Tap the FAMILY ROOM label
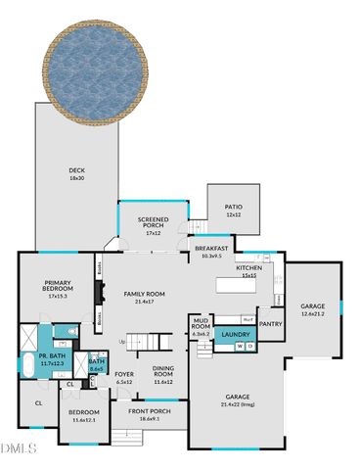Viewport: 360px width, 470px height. [143, 297]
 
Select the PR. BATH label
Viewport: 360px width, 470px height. [51, 359]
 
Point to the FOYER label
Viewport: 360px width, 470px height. [124, 377]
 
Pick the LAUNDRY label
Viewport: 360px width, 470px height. [236, 336]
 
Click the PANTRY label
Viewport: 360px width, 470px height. [271, 324]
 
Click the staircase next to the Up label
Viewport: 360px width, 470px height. [150, 342]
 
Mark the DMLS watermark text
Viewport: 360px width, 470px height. [18, 448]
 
